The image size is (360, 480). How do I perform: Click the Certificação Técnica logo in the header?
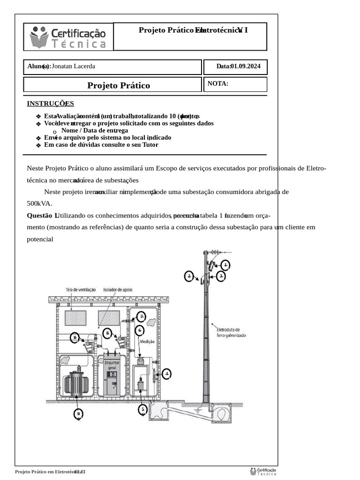click(68, 37)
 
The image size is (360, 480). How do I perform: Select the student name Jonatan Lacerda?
click(74, 67)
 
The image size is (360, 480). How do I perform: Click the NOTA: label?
click(217, 84)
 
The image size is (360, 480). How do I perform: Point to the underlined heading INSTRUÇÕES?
click(50, 104)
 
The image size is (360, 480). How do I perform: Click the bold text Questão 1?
click(41, 215)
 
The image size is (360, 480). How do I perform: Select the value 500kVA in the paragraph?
click(39, 203)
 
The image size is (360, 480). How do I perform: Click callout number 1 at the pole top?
click(225, 265)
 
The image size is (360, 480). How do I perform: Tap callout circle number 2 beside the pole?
click(189, 277)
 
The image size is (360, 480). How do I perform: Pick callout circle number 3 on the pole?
click(221, 277)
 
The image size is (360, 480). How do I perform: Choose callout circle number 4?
click(166, 374)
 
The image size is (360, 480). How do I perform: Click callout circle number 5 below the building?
click(143, 410)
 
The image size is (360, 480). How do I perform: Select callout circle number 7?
click(141, 316)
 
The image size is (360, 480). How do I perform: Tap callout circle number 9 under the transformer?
click(79, 413)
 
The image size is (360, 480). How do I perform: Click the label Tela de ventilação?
click(81, 290)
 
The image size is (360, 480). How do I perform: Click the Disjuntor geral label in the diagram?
click(112, 366)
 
